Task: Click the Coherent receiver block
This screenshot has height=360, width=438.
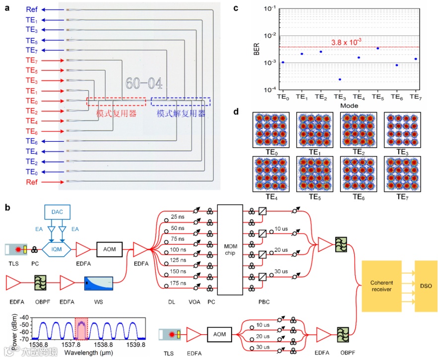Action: click(x=381, y=287)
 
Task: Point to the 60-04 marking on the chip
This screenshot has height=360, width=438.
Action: click(x=143, y=83)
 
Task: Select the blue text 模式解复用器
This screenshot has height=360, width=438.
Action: click(x=181, y=114)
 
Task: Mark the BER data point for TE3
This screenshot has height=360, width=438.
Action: click(x=340, y=79)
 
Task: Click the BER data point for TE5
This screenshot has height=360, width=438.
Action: click(x=378, y=48)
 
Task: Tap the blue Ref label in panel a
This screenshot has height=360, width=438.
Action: click(x=32, y=10)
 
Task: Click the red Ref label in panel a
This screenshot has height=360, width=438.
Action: click(x=32, y=182)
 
